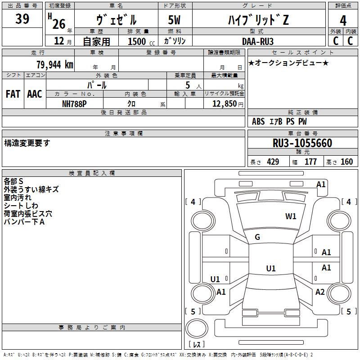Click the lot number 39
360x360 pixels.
(x=22, y=19)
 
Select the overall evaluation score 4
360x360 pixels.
(x=343, y=21)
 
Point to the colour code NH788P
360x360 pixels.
(x=74, y=103)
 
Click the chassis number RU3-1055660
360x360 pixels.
(x=302, y=143)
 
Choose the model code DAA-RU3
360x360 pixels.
(x=257, y=41)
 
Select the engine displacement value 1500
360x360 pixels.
(x=137, y=41)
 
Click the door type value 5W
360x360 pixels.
(x=175, y=20)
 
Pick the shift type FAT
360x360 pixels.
(x=13, y=94)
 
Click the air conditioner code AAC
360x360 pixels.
(x=35, y=94)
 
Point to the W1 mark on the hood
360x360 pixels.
(x=291, y=216)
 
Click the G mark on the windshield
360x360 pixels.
(x=257, y=237)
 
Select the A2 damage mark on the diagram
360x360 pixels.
(x=320, y=292)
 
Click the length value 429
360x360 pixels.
(x=273, y=162)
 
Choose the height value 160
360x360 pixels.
(x=346, y=162)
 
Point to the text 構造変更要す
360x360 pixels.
(x=27, y=143)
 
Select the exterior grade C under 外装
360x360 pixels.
(x=335, y=41)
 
